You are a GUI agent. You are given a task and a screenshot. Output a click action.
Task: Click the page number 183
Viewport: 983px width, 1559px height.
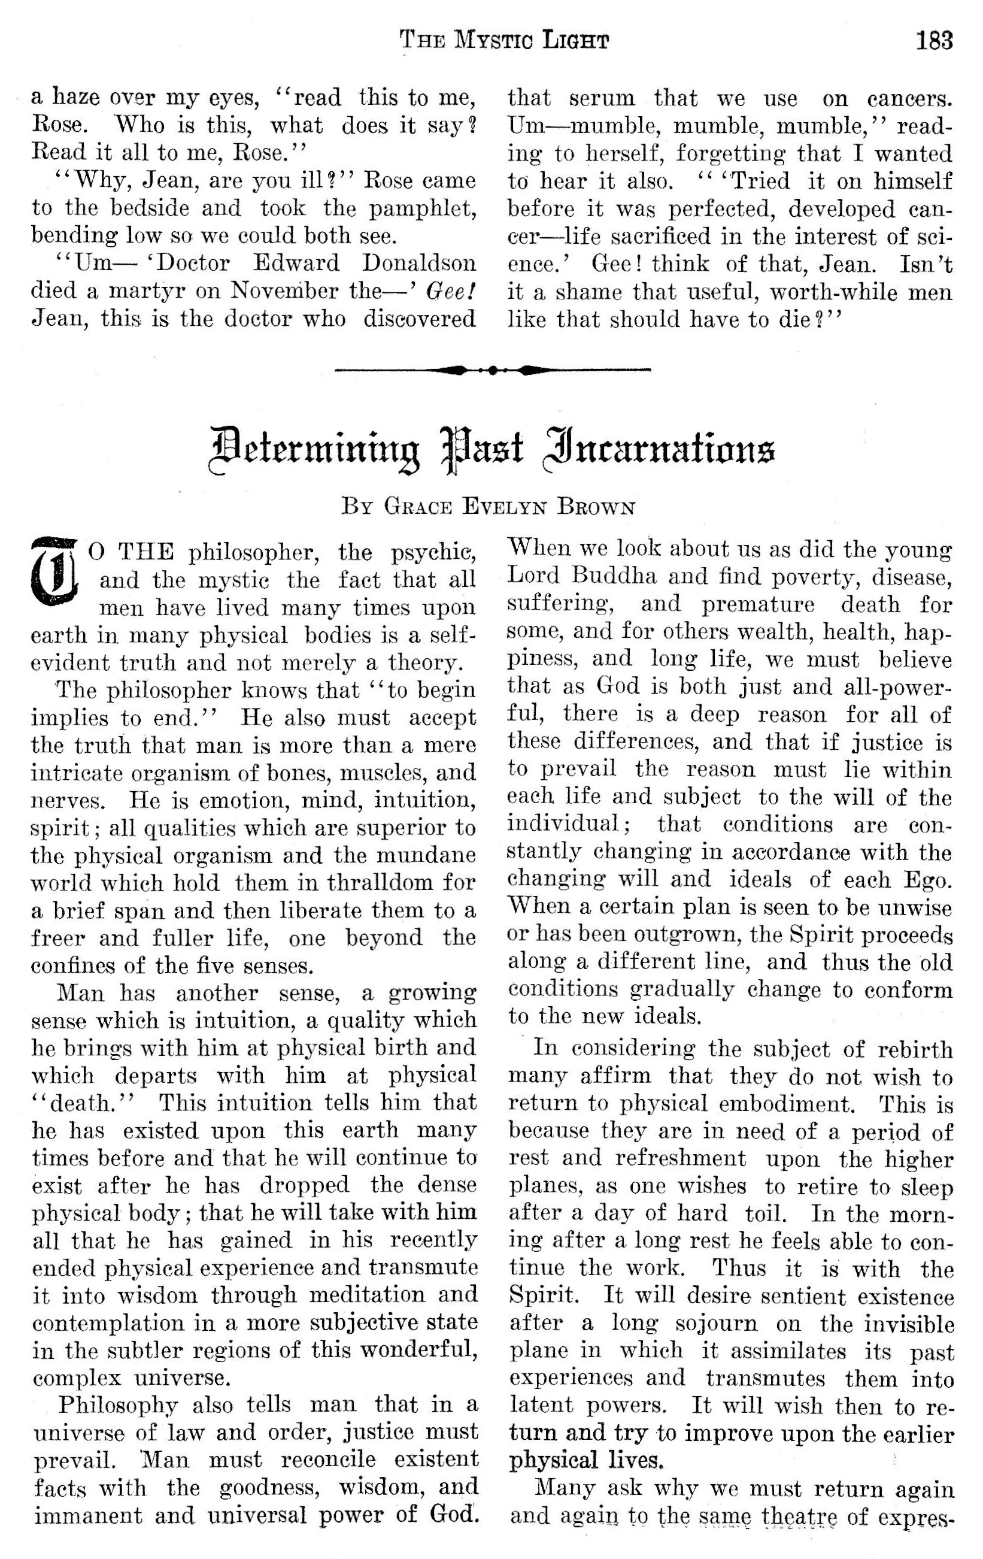[933, 41]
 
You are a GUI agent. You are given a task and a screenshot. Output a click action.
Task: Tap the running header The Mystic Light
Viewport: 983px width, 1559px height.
[504, 41]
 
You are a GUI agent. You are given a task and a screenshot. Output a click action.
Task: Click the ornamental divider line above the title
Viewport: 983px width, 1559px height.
[493, 370]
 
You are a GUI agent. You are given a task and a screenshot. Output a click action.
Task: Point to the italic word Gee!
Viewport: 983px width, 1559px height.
[451, 291]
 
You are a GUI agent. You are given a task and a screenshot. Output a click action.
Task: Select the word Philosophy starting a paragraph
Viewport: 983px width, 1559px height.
[117, 1406]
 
